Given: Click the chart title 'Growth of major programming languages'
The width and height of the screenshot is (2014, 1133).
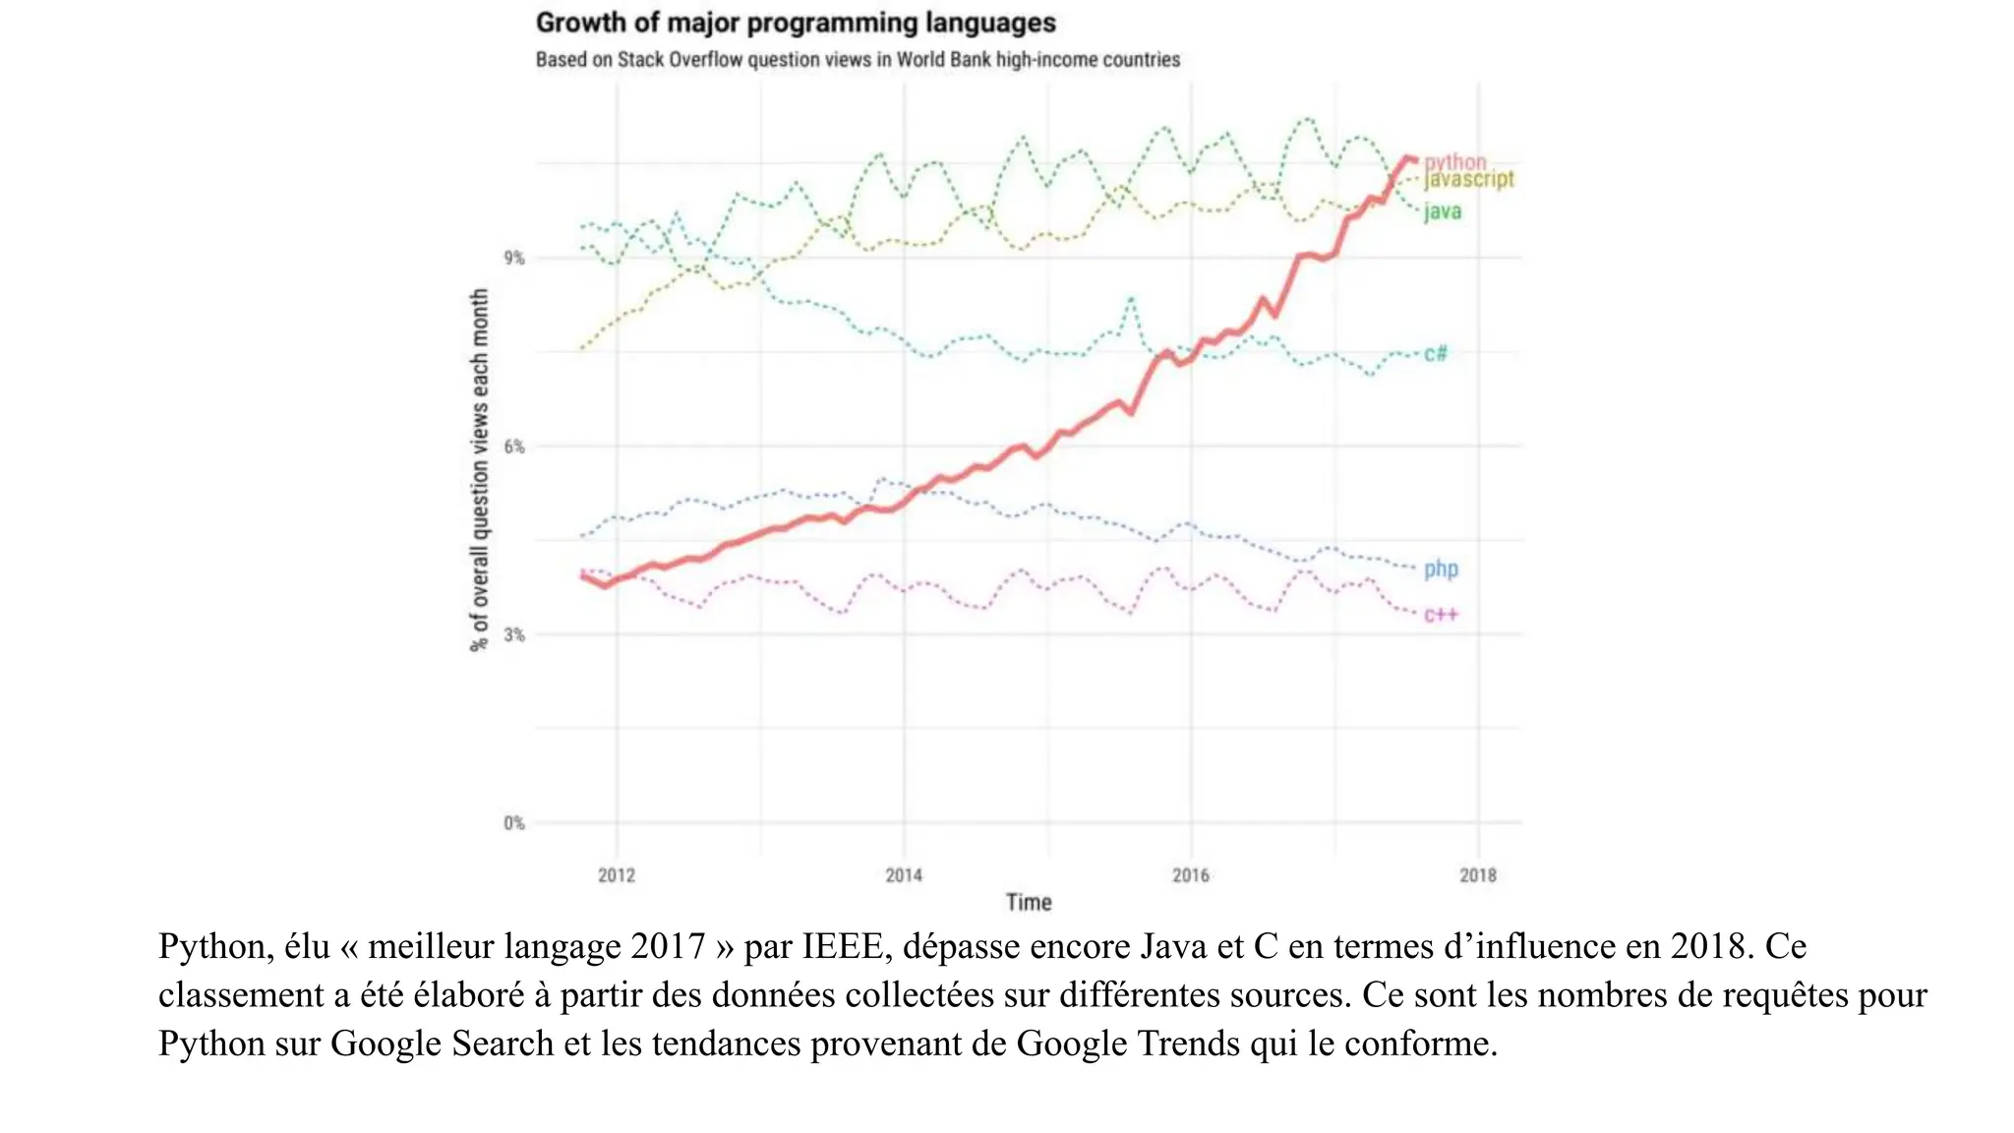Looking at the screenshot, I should pos(796,23).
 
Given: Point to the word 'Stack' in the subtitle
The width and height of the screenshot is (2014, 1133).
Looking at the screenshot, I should pos(641,60).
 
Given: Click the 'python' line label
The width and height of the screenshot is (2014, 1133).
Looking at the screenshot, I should pos(1455,160).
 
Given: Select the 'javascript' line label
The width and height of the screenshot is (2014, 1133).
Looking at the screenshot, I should pos(1469,179).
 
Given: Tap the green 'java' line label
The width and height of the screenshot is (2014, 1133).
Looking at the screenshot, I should pos(1443,211).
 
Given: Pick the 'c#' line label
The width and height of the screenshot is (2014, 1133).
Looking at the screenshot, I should pos(1436,353).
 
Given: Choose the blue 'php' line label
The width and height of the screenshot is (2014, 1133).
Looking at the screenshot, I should pos(1441,568).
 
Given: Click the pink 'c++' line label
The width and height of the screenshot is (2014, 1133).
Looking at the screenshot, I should pos(1441,615).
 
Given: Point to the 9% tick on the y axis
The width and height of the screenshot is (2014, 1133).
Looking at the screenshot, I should pos(514,258).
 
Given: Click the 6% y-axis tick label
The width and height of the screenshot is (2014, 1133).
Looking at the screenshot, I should pos(514,447).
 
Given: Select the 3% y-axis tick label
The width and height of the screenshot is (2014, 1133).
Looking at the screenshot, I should pos(514,634).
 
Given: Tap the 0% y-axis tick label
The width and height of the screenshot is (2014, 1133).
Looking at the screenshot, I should pos(514,823).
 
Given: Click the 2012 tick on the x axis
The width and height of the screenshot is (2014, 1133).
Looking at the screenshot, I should pos(617,875).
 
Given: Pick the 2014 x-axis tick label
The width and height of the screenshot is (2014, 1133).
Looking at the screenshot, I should pos(904,875).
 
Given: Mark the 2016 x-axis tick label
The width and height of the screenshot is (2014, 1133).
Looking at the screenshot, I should pos(1191,875).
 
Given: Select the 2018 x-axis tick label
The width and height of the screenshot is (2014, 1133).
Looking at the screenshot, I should pos(1478,875).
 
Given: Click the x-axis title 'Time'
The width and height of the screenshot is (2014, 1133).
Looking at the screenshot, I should pos(1029,902).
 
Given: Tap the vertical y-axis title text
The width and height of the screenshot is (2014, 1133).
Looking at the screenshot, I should pos(479,469).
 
